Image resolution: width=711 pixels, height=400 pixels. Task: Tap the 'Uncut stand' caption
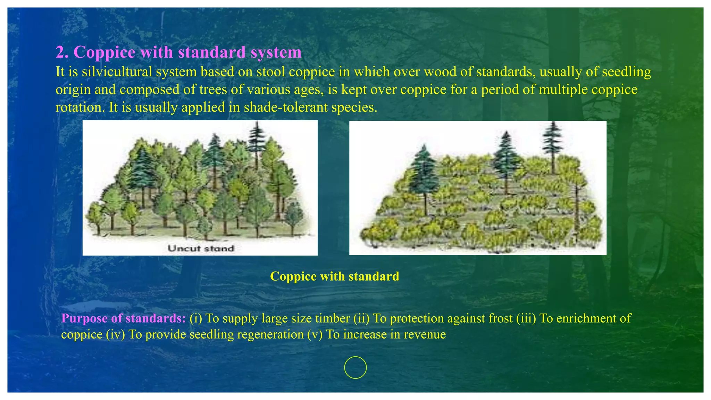tap(201, 248)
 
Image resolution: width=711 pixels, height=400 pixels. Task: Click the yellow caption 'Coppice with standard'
tap(334, 276)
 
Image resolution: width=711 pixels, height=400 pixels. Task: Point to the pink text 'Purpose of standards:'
tap(124, 318)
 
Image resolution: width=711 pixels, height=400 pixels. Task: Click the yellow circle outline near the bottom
tap(355, 367)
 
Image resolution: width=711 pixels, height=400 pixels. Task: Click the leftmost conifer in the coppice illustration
tap(424, 174)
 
